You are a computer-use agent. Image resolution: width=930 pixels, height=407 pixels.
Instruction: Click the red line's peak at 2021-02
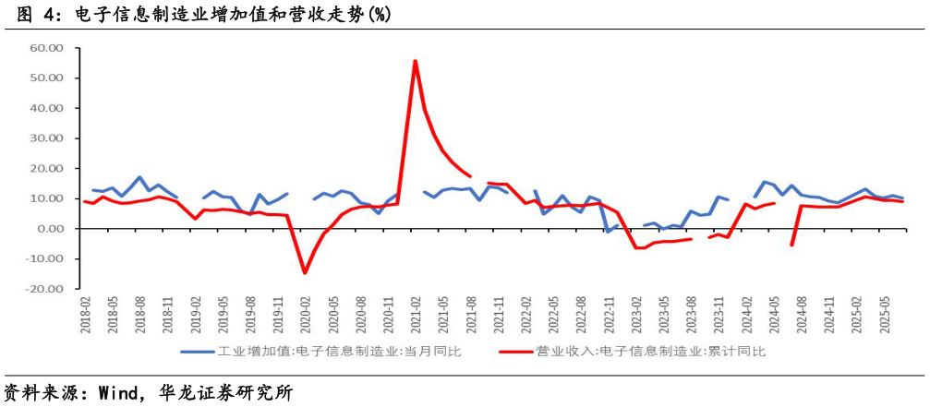pos(415,61)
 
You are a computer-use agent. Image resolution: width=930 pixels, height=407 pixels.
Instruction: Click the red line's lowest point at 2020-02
pos(305,272)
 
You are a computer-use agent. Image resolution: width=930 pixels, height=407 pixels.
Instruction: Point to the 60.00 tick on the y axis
pos(45,48)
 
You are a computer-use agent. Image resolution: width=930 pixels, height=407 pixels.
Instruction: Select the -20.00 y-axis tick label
pos(43,289)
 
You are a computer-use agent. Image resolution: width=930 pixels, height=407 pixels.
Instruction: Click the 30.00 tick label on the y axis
pos(45,138)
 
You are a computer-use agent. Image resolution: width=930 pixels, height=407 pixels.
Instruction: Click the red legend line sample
pos(514,352)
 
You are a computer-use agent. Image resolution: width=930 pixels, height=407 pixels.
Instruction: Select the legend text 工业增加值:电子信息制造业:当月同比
pos(338,352)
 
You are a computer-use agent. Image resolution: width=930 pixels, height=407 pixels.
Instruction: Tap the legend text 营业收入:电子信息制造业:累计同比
pos(650,352)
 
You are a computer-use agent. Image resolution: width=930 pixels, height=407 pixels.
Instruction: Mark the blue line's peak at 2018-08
pos(140,177)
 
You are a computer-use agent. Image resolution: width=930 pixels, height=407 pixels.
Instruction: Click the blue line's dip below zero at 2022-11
pos(608,232)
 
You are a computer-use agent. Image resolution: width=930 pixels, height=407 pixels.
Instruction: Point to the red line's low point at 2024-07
pos(792,245)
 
